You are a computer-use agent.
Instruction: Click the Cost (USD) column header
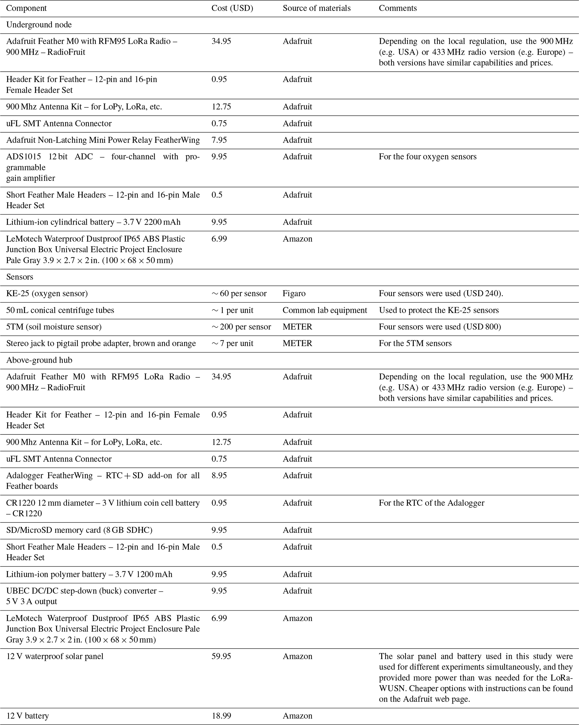click(232, 8)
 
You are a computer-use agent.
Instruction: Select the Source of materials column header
click(316, 8)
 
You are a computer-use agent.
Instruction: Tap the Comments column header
click(397, 8)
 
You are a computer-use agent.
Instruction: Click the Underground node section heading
click(39, 25)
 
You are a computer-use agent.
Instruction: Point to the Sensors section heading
click(20, 277)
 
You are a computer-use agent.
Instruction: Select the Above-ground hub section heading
click(39, 360)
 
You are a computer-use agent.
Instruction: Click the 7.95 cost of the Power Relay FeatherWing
click(219, 140)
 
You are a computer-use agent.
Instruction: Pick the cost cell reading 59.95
click(221, 656)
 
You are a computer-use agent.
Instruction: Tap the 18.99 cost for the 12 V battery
click(221, 715)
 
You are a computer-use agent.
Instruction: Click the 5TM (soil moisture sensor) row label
click(54, 326)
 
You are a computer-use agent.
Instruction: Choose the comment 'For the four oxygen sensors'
click(427, 156)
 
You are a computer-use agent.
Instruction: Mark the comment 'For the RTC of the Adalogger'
click(431, 503)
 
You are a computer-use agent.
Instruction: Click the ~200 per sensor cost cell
click(241, 326)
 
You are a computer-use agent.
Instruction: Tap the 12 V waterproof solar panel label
click(55, 656)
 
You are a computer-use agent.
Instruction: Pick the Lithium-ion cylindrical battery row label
click(93, 222)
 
